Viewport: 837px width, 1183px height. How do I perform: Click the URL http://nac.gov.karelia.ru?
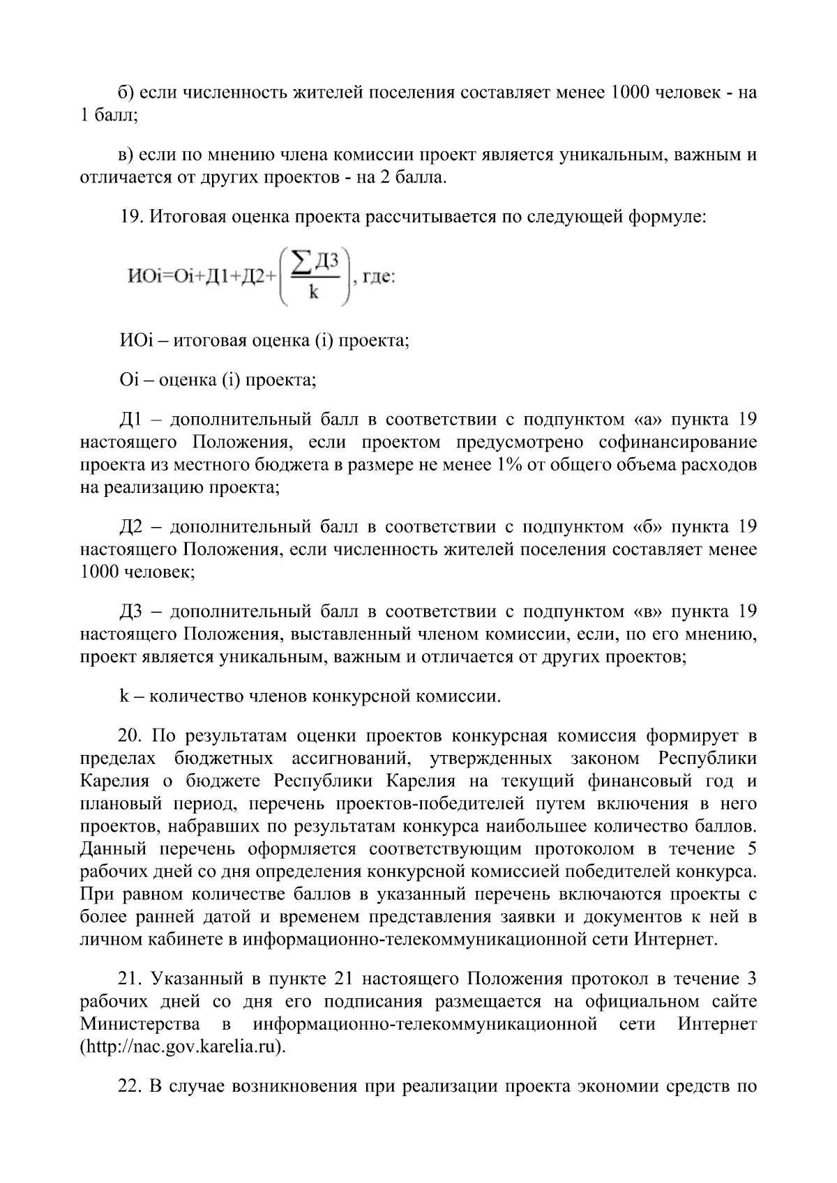(183, 1047)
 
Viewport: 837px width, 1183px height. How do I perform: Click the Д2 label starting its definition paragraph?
(131, 526)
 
